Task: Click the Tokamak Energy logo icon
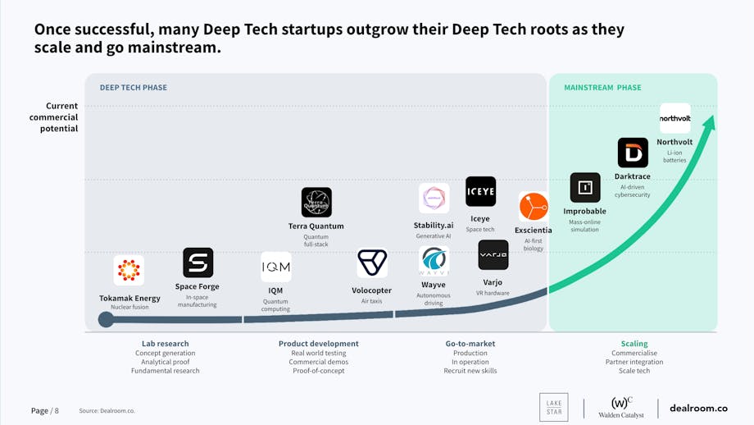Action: (x=129, y=270)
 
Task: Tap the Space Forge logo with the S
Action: (x=198, y=263)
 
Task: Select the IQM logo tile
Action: (x=275, y=267)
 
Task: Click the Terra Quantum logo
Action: (x=316, y=202)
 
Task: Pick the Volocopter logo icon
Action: (x=372, y=263)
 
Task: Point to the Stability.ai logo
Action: (x=434, y=199)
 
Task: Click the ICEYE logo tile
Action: (x=480, y=192)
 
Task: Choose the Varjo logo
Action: (x=493, y=255)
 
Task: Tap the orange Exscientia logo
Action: (x=534, y=207)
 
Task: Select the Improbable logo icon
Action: (x=585, y=188)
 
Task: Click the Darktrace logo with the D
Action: (x=633, y=153)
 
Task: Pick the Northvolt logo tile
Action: (x=675, y=118)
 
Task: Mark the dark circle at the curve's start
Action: (x=106, y=319)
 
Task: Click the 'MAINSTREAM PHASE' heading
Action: (x=602, y=88)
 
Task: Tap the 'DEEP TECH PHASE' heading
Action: (x=134, y=88)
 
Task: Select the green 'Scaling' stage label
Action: (x=634, y=344)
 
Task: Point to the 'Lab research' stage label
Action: (x=166, y=344)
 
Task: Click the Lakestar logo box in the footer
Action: (x=553, y=408)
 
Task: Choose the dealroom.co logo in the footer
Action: (x=698, y=408)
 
